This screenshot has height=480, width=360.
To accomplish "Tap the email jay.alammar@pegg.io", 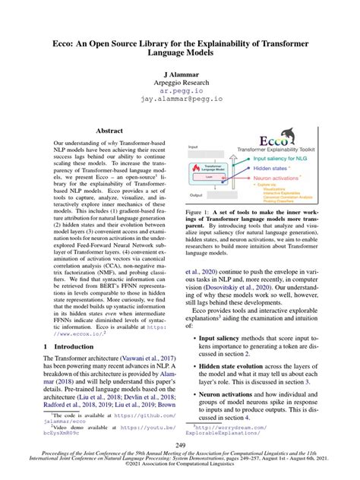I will pyautogui.click(x=179, y=99).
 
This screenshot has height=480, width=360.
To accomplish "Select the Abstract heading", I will pyautogui.click(x=109, y=131).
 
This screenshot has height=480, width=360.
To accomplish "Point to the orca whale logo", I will pyautogui.click(x=247, y=142).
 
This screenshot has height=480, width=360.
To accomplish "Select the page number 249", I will pyautogui.click(x=179, y=445).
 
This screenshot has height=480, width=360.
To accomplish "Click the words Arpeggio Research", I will pyautogui.click(x=179, y=88).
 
